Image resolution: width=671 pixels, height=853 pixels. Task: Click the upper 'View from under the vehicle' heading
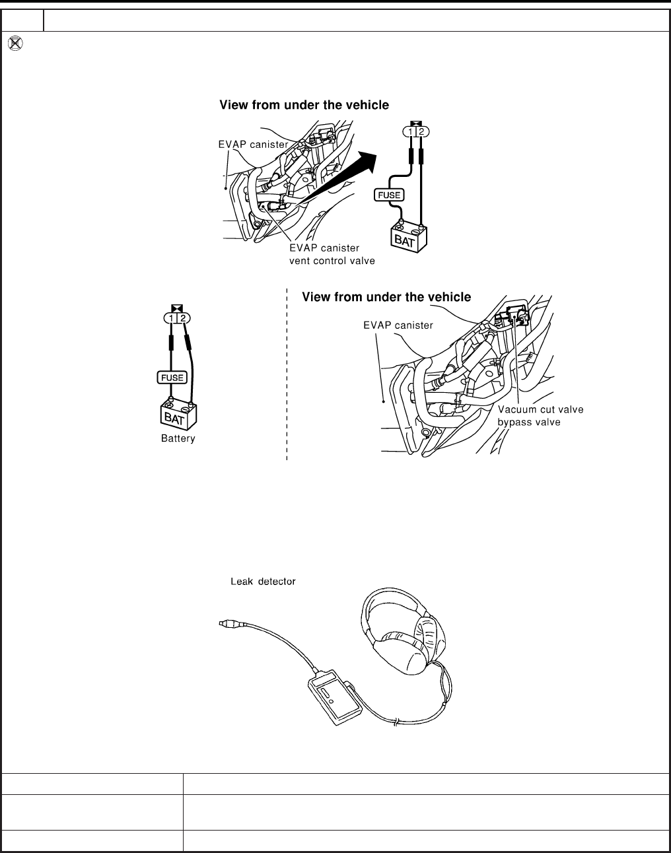pyautogui.click(x=304, y=105)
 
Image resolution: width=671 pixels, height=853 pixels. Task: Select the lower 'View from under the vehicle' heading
pyautogui.click(x=386, y=297)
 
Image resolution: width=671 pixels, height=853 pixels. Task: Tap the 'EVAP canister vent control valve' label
pyautogui.click(x=332, y=254)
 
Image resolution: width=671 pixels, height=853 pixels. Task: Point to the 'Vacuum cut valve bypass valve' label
pyautogui.click(x=540, y=415)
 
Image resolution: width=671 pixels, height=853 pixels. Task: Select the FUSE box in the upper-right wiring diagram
pyautogui.click(x=388, y=195)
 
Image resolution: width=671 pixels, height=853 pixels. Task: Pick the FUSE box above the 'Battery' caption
pyautogui.click(x=172, y=377)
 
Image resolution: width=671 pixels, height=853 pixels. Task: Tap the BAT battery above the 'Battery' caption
pyautogui.click(x=178, y=415)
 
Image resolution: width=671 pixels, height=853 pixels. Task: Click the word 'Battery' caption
pyautogui.click(x=178, y=438)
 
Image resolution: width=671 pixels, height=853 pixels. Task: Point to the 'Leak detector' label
pyautogui.click(x=262, y=582)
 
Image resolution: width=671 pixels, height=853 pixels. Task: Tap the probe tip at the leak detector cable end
pyautogui.click(x=225, y=622)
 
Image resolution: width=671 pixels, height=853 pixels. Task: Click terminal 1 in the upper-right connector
pyautogui.click(x=410, y=131)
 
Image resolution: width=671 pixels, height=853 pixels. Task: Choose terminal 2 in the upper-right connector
pyautogui.click(x=422, y=131)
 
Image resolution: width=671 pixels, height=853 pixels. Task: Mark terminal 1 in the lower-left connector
pyautogui.click(x=171, y=318)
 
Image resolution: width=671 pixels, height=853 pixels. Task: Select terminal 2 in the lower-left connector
pyautogui.click(x=183, y=318)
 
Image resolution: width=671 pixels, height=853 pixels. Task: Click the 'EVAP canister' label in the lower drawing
pyautogui.click(x=398, y=325)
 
